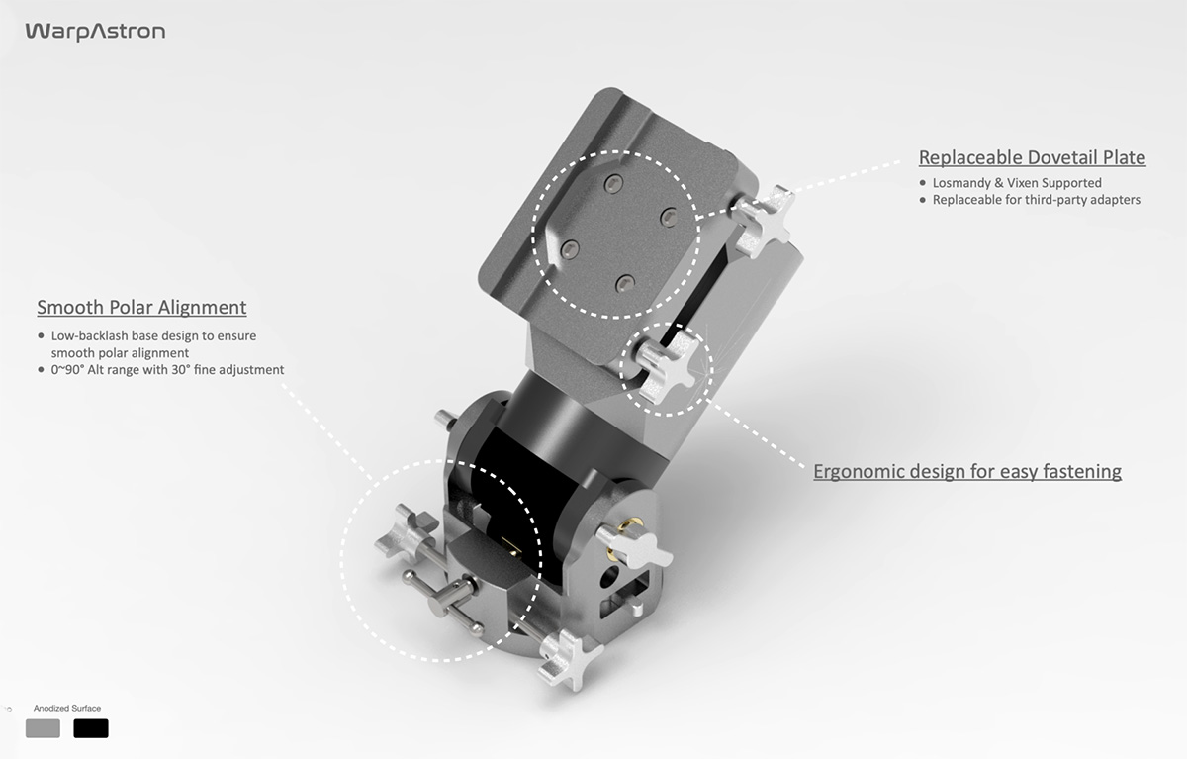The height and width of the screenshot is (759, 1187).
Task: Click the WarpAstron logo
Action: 95,32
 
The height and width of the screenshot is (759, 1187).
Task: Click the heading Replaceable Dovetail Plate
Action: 1032,157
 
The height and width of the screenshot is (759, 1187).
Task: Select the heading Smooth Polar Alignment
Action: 141,307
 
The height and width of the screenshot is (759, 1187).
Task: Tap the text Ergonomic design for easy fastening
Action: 966,471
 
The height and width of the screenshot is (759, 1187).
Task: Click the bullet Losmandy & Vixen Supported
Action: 1016,183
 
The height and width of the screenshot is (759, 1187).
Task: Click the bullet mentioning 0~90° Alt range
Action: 167,369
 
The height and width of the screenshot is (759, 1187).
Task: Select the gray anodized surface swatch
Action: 43,728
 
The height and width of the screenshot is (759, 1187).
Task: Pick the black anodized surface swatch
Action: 91,728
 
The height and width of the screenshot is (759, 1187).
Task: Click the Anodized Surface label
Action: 67,709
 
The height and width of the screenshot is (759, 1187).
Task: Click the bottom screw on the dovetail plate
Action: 624,285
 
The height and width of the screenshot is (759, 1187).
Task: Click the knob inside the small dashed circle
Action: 668,365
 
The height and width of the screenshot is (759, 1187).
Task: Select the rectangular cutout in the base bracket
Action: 630,594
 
